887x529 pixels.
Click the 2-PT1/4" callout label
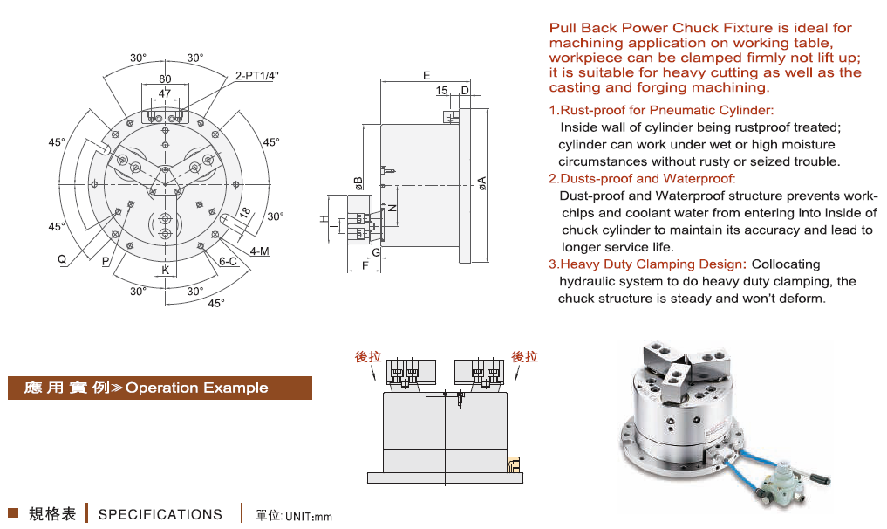click(x=256, y=77)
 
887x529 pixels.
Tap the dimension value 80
click(x=165, y=79)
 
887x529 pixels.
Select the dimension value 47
click(x=165, y=93)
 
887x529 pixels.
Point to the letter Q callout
click(x=62, y=259)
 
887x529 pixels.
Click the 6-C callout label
click(x=228, y=261)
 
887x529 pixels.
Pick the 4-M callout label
click(x=259, y=251)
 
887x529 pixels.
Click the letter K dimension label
click(x=165, y=271)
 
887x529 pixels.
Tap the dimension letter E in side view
click(x=426, y=76)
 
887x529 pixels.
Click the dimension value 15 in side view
click(x=441, y=91)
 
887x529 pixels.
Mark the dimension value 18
click(x=245, y=212)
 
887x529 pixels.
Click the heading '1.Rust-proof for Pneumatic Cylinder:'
click(x=661, y=110)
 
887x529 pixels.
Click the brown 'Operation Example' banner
click(x=160, y=388)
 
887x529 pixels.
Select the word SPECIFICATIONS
click(x=160, y=515)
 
